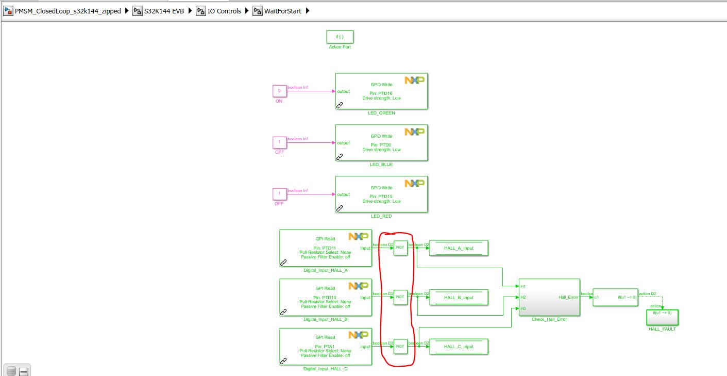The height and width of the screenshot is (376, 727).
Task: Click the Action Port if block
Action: point(340,37)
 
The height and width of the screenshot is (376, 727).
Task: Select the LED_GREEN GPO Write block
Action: point(381,91)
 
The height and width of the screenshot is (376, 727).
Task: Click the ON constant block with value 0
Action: point(279,91)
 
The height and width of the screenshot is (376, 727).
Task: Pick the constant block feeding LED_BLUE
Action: point(279,142)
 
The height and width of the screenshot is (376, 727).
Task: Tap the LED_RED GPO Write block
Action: point(381,194)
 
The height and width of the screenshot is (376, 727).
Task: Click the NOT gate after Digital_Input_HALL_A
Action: point(400,248)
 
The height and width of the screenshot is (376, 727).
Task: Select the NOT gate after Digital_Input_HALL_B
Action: point(400,298)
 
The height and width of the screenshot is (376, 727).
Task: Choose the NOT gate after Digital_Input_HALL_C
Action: point(400,347)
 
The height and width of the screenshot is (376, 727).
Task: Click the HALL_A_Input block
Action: point(459,248)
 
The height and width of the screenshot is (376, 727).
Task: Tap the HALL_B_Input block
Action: point(459,298)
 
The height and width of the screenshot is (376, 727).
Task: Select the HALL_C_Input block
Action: point(459,347)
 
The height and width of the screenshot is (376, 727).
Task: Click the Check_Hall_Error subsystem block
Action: point(549,297)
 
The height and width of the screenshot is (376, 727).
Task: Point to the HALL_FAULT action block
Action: point(662,317)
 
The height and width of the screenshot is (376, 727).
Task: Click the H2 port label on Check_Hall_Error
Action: point(523,297)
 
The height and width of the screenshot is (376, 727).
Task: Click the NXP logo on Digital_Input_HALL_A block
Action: point(358,236)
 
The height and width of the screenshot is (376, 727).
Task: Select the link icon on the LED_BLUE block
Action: point(340,156)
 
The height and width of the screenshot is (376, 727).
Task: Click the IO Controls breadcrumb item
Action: point(224,11)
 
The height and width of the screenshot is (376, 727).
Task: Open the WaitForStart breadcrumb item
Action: point(282,11)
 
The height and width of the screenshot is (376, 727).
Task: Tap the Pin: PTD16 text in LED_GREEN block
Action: point(381,93)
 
